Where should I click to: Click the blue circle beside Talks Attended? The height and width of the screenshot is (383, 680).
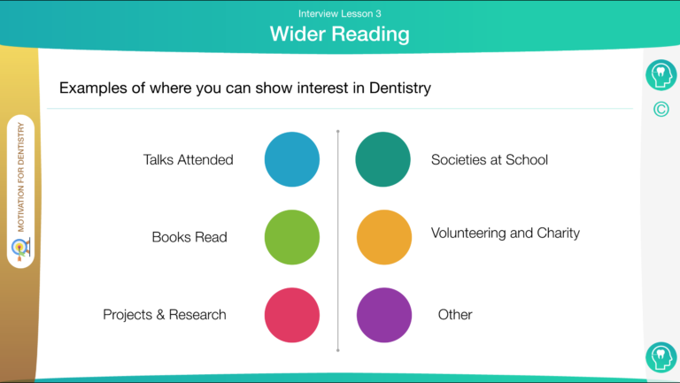point(292,159)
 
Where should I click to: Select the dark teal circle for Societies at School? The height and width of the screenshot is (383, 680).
point(382,159)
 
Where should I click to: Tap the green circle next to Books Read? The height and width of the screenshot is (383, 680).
point(292,237)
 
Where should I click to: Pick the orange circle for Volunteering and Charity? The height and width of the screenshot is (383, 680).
point(384,237)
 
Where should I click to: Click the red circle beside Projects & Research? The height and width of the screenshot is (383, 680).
point(292,315)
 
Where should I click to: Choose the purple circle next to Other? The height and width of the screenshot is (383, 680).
point(384,315)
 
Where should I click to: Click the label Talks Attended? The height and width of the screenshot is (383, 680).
point(189,160)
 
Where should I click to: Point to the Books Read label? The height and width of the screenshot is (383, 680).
point(189,237)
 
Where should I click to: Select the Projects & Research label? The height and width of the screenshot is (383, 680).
point(165,315)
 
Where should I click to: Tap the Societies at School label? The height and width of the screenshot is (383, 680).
point(490,160)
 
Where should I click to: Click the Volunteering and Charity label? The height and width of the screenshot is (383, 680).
point(506,234)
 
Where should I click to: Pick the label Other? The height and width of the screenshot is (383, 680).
point(455,315)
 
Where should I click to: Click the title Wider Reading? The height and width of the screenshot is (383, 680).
point(340,34)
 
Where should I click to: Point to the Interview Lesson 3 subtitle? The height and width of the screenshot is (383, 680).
point(340,13)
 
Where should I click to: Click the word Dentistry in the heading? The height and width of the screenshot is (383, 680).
point(400,88)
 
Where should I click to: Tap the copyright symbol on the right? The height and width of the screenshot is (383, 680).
point(661,109)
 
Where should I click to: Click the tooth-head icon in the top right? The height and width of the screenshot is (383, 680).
point(661,75)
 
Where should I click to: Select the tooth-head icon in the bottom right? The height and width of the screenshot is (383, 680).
point(661,357)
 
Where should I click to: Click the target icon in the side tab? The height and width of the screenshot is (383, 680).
point(21,249)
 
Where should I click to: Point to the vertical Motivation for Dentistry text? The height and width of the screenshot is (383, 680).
point(21,177)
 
